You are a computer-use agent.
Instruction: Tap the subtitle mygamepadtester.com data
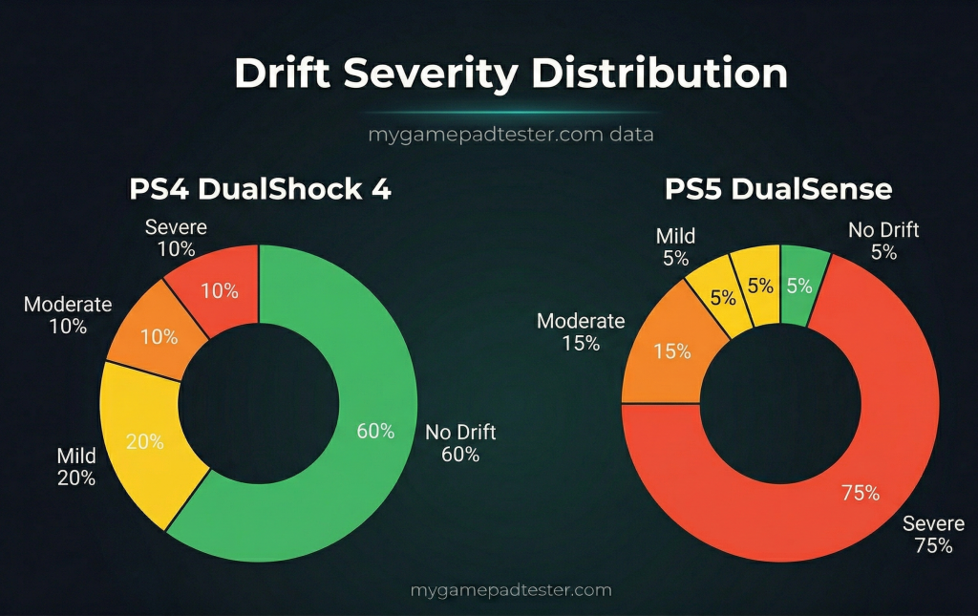pos(511,135)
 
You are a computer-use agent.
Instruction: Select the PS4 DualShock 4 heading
pos(260,189)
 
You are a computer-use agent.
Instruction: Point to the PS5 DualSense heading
pos(778,189)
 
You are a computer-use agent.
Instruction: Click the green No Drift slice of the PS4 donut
pos(372,430)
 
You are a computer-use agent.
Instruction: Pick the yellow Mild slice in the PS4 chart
pos(145,441)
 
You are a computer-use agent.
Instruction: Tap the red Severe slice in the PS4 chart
pos(219,290)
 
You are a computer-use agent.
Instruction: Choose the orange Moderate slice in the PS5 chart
pos(672,351)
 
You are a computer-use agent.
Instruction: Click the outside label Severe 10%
pos(176,238)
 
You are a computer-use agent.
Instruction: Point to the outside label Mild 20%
pos(75,467)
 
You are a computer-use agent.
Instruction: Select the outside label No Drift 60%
pos(460,443)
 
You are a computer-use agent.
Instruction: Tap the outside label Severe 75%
pos(933,535)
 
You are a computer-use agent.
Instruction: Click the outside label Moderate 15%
pos(581,332)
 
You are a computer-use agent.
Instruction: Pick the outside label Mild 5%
pos(675,246)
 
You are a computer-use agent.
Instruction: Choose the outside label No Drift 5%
pos(883,241)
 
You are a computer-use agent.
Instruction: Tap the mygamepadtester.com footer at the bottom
pos(511,590)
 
